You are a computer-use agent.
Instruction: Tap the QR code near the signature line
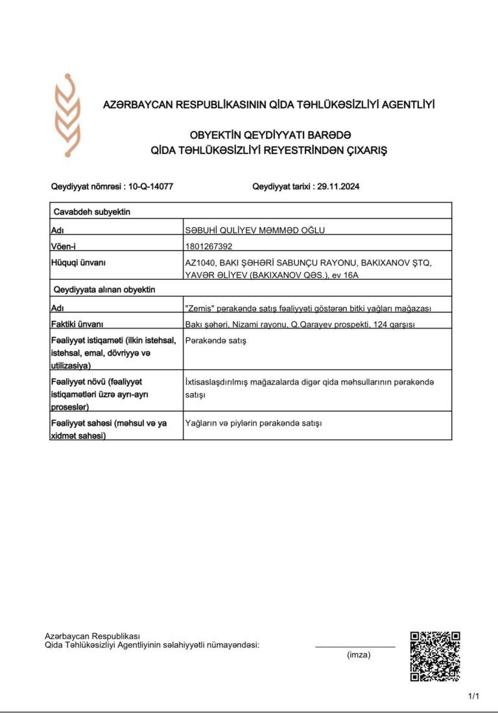[x=435, y=656]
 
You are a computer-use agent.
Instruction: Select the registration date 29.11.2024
[x=336, y=187]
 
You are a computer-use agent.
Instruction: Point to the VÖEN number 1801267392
[x=209, y=246]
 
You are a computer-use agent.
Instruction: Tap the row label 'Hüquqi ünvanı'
[x=78, y=262]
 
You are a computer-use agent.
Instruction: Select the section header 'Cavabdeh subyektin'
[x=92, y=211]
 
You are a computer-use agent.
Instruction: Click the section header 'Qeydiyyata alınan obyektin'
[x=104, y=289]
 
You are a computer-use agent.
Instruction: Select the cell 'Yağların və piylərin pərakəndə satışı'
[x=254, y=423]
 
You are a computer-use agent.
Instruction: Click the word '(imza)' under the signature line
[x=359, y=655]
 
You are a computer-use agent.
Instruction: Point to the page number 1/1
[x=473, y=697]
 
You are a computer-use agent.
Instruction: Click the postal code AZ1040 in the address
[x=200, y=262]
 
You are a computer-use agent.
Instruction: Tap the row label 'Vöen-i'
[x=67, y=246]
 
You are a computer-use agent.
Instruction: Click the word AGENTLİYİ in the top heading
[x=408, y=104]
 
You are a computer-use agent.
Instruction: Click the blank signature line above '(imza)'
[x=355, y=646]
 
